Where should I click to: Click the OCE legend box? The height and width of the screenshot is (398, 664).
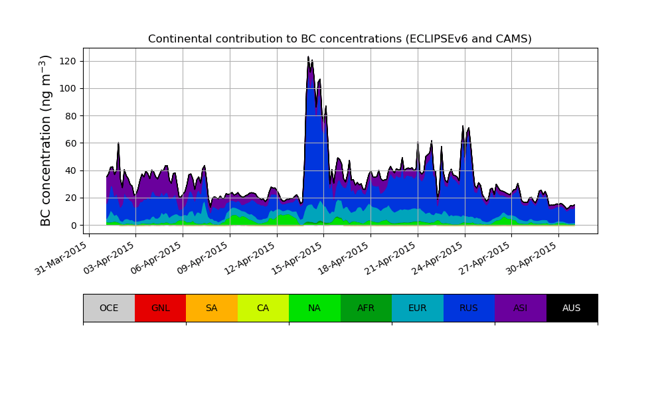[109, 308]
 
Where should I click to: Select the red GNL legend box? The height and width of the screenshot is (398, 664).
[160, 308]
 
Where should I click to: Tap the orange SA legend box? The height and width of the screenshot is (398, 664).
[211, 308]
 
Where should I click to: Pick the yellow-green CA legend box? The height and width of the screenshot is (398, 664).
[263, 308]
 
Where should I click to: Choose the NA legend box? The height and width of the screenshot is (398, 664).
[314, 308]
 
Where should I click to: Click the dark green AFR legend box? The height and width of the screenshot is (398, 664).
[366, 308]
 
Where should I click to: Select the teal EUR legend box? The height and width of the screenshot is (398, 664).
[417, 308]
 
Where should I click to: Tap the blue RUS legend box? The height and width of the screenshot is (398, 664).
[469, 308]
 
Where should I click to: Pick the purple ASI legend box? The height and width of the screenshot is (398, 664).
[520, 308]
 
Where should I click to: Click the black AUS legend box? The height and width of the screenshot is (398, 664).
[572, 308]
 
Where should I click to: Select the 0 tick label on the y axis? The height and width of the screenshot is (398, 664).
[74, 226]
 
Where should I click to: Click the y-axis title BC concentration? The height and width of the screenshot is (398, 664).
[46, 141]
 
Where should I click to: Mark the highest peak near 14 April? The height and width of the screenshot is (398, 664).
[308, 57]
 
